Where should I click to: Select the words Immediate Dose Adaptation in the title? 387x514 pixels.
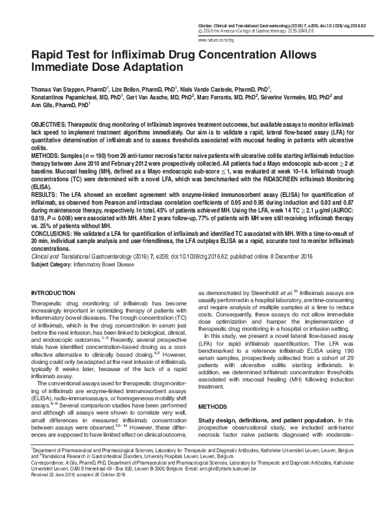point(108,67)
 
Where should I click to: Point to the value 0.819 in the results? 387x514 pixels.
point(40,210)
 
